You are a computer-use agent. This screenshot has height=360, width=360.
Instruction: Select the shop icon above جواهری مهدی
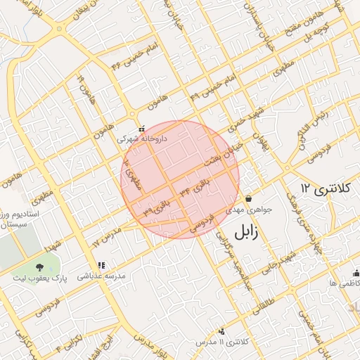249,198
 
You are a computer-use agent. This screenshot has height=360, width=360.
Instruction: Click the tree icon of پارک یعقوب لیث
39,266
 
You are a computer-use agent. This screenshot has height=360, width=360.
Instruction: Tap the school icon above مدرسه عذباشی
101,265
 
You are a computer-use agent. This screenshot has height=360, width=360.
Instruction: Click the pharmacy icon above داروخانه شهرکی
141,129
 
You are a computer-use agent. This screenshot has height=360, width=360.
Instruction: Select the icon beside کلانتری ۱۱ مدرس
221,330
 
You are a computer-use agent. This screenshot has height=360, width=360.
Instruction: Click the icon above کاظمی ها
356,273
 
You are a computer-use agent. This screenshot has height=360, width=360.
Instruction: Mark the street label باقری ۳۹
157,207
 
